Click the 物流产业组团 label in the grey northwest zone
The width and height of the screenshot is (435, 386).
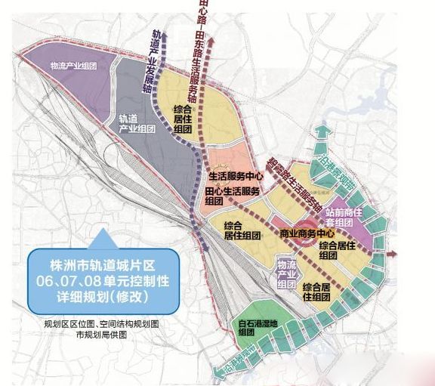(72, 66)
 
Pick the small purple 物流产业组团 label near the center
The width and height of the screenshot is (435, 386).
(286, 273)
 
